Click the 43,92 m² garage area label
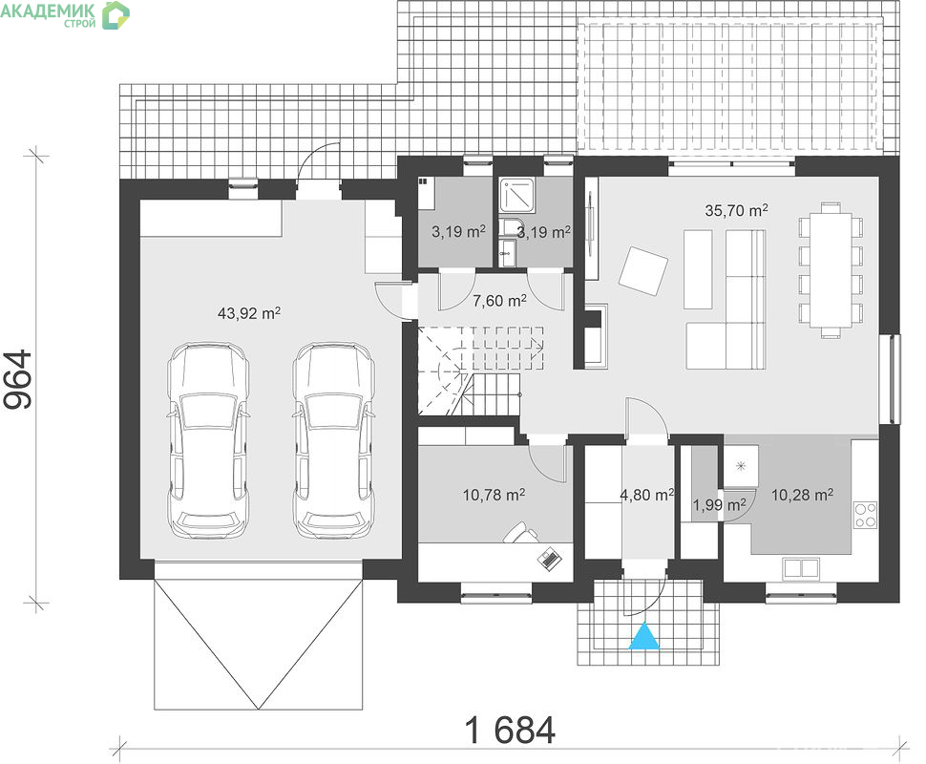click(x=248, y=312)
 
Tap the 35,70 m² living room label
click(x=736, y=210)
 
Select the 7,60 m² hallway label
click(x=499, y=301)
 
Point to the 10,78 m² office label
click(x=494, y=494)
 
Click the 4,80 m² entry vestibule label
click(x=646, y=495)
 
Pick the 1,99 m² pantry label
click(x=719, y=504)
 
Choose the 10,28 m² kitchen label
click(x=802, y=495)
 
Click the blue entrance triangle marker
click(x=643, y=636)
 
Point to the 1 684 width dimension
click(x=510, y=730)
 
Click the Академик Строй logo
click(x=65, y=14)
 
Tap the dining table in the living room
click(x=831, y=269)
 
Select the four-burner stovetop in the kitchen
click(x=866, y=514)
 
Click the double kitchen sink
click(x=801, y=567)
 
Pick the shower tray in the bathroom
click(x=518, y=196)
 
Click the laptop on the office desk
click(x=550, y=557)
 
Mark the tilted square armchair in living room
click(x=643, y=270)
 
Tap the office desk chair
click(x=521, y=533)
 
